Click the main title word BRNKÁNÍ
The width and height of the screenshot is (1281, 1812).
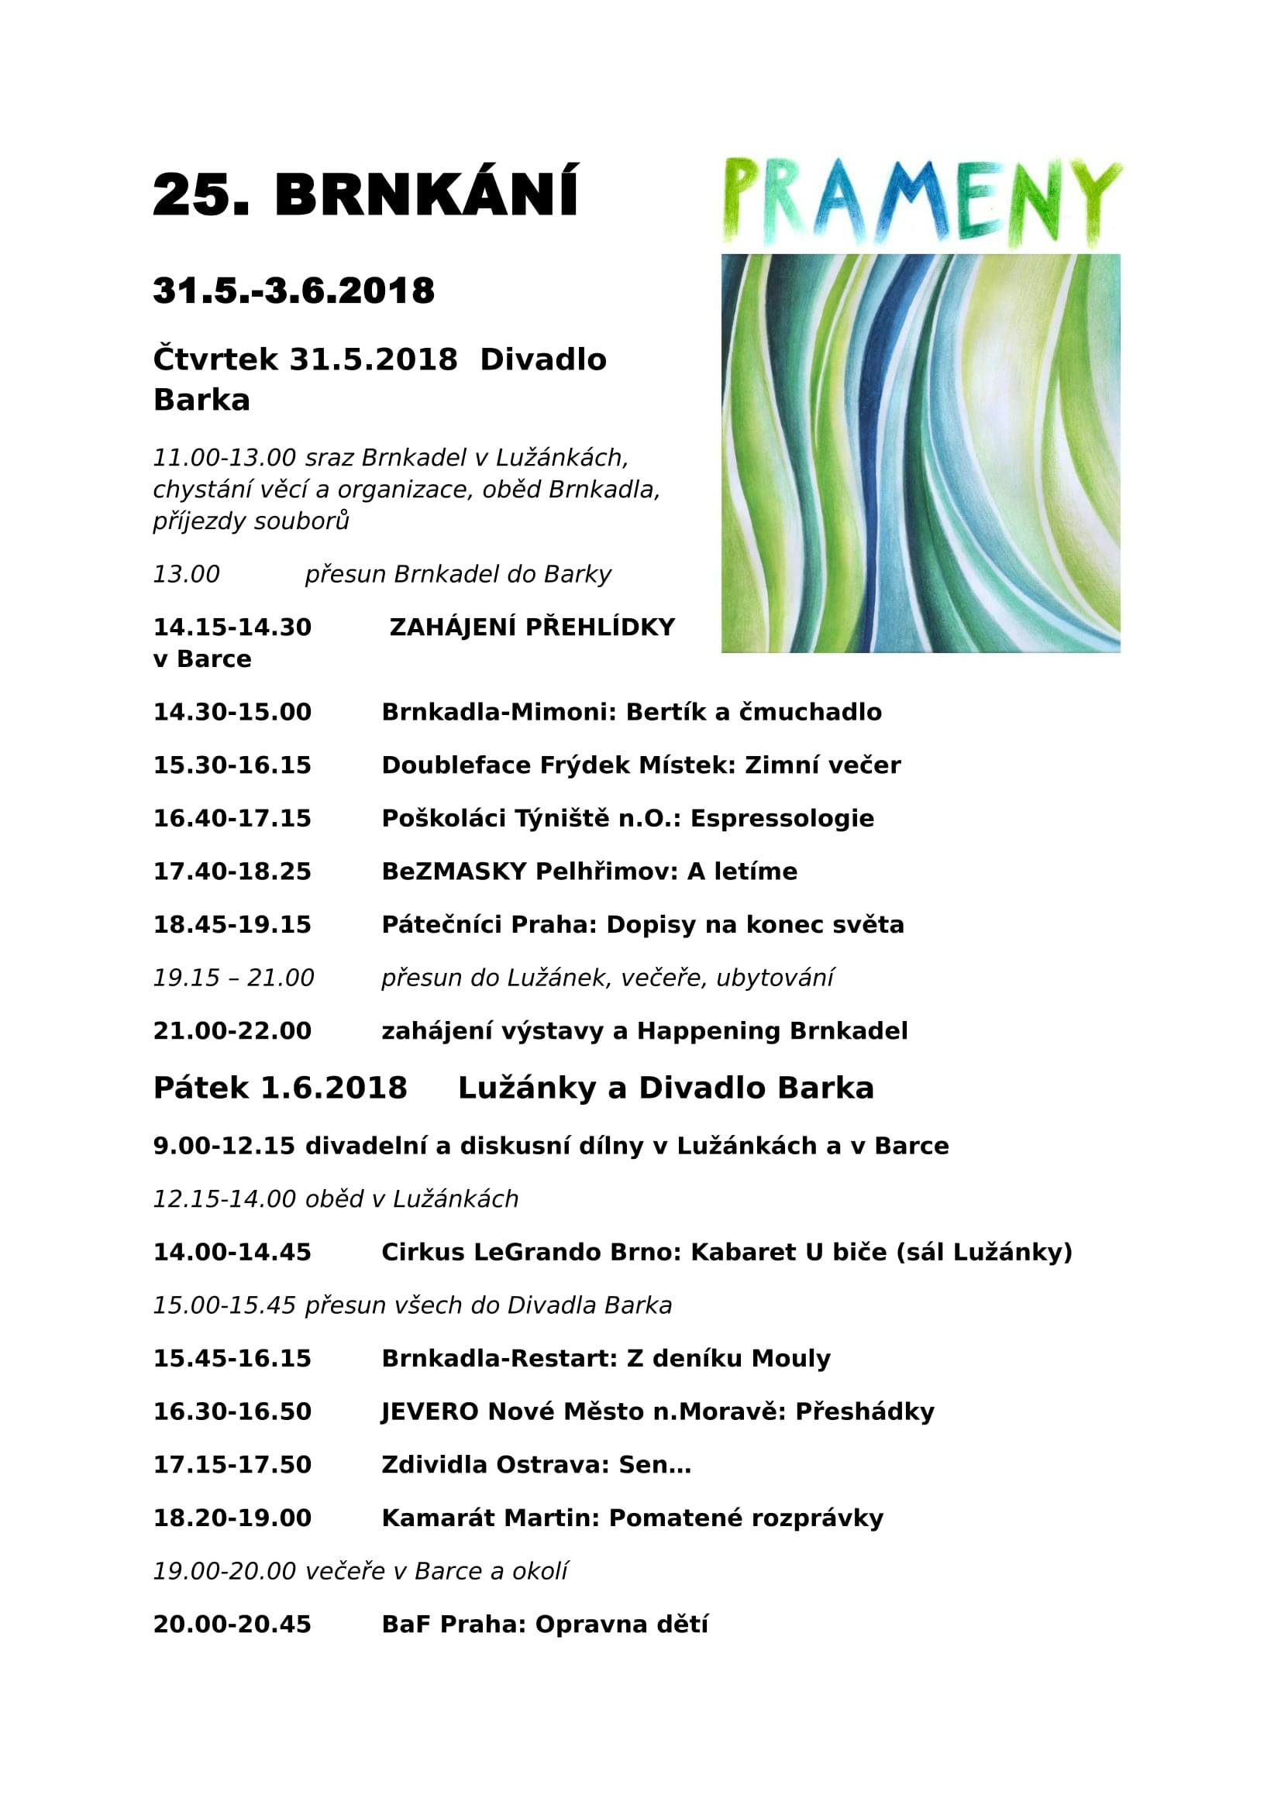coord(426,194)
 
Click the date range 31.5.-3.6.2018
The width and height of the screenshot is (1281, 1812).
coord(294,291)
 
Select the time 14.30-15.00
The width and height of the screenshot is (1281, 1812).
coord(232,712)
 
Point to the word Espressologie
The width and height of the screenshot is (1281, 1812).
coord(782,818)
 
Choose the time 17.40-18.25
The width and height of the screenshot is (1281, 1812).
coord(232,872)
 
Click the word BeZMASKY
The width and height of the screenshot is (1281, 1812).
coord(454,872)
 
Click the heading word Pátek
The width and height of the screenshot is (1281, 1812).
coord(201,1088)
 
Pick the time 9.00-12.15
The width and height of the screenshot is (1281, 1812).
coord(224,1146)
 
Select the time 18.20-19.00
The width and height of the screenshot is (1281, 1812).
coord(232,1518)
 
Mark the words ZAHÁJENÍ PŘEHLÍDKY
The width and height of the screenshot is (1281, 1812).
coord(532,627)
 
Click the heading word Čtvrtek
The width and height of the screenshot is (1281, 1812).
coord(215,359)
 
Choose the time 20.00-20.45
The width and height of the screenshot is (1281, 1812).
coord(232,1625)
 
